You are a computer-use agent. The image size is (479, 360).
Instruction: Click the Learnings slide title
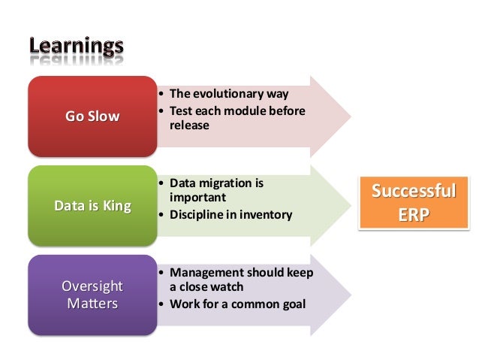77,47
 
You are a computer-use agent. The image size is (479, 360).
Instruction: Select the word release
188,126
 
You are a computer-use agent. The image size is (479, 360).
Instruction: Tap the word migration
225,183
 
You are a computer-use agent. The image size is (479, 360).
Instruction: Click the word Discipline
197,215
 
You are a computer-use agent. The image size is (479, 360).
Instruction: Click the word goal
291,304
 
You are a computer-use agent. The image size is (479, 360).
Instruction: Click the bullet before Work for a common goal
161,304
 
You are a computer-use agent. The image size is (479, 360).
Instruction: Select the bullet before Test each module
161,111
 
